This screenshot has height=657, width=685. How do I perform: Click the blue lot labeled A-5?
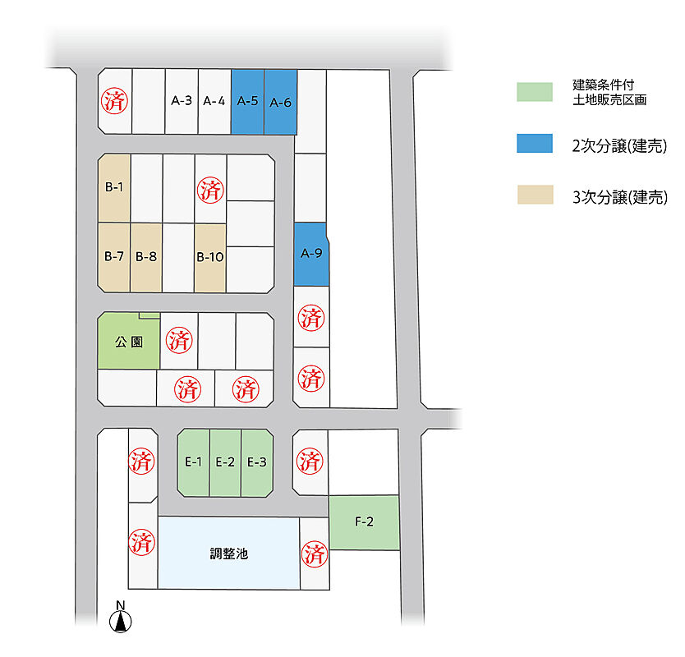coord(248,102)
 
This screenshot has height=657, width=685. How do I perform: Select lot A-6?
coord(280,102)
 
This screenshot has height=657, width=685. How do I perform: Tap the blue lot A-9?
coord(311,255)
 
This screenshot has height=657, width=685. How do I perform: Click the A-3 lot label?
coord(182,101)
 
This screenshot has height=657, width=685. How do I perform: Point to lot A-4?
coord(214,101)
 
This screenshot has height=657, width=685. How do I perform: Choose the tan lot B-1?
coord(114,188)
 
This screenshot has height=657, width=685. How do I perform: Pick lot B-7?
coord(114,257)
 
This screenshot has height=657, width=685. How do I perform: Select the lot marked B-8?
coord(146,257)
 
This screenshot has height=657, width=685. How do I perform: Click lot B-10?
coord(210,258)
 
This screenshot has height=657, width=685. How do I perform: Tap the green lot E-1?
coord(194,462)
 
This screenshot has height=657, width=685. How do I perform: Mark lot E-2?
coord(225,463)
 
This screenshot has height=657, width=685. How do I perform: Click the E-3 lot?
coord(257,463)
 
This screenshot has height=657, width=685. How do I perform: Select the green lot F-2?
coord(365,522)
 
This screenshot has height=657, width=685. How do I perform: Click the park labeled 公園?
coord(129,341)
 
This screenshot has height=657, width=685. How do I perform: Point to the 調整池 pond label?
coord(229,554)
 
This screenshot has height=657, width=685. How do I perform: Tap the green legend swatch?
coord(535,92)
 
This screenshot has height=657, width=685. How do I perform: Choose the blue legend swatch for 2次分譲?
coord(535,143)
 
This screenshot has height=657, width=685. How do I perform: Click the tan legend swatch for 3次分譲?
coord(536,195)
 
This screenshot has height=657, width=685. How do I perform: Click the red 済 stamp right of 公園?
coord(179,340)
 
